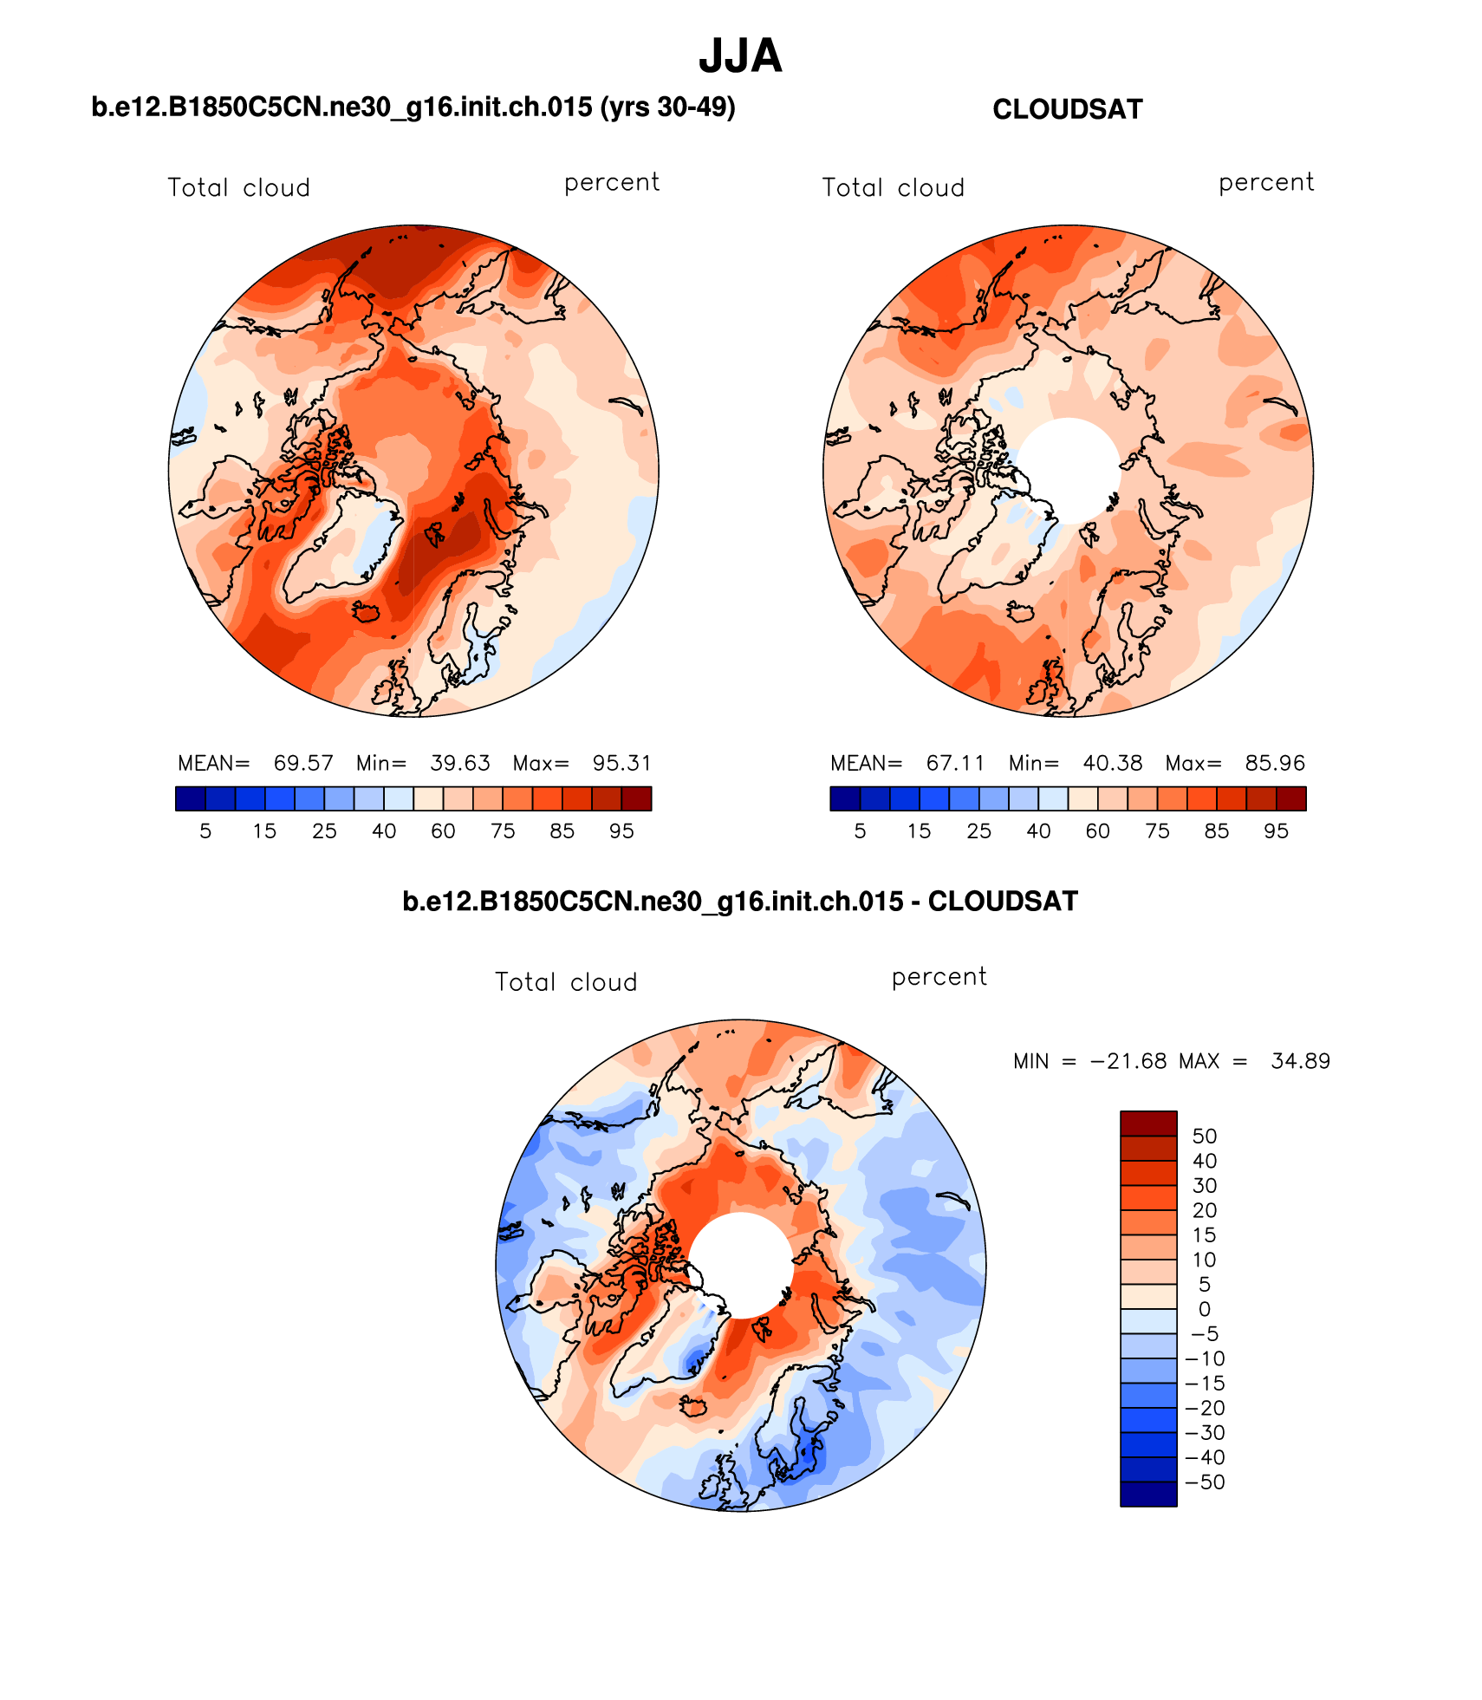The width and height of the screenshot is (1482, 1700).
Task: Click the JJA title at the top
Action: coord(740,56)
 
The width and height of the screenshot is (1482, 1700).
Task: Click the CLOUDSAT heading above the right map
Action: coord(1067,109)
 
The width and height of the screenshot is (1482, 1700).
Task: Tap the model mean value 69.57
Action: coord(303,763)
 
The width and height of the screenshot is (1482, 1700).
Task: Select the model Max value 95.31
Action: coord(621,763)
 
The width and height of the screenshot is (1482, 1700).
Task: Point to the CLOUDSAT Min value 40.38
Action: coord(1112,763)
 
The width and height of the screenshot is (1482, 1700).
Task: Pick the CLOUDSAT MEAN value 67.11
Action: coord(955,763)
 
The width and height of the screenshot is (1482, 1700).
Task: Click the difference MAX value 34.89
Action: coord(1300,1061)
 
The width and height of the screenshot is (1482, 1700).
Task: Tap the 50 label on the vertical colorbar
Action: coord(1205,1136)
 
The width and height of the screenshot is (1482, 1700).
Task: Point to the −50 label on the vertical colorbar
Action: coord(1205,1482)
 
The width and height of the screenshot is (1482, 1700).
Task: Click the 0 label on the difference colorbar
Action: coord(1205,1309)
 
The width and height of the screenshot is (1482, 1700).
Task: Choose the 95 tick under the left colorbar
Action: coord(621,831)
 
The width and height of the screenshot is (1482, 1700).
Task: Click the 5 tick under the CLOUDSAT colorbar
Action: coord(860,831)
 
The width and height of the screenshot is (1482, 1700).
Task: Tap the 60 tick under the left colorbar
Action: coord(443,831)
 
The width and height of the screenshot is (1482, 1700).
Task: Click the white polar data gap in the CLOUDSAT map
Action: coord(1069,471)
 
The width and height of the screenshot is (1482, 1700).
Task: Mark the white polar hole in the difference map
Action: coord(741,1265)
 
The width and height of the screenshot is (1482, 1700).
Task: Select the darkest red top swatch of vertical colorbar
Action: coord(1148,1124)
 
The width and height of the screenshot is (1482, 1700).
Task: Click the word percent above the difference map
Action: coord(939,977)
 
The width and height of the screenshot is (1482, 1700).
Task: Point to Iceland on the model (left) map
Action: coord(367,612)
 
